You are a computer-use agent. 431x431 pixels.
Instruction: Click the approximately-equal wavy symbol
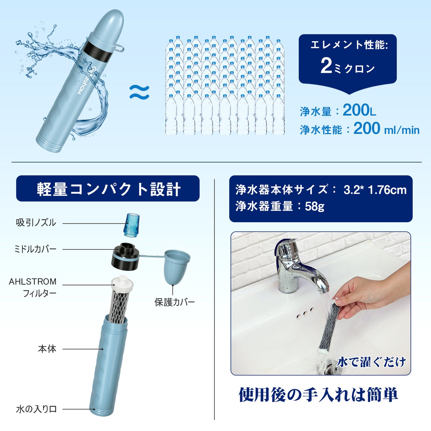point(139,92)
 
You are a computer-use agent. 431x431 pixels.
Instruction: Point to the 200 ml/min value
point(386,129)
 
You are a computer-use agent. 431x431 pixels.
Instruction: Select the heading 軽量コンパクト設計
point(108,189)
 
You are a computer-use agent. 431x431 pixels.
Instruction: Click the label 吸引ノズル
point(36,223)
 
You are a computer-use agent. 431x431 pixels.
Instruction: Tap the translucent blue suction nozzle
point(132,225)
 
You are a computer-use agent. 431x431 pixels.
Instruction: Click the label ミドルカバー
point(35,249)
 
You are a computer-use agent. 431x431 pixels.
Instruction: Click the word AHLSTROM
point(33,282)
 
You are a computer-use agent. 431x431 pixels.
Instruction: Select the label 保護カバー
point(174,302)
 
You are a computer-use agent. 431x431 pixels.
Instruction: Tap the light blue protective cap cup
point(177,267)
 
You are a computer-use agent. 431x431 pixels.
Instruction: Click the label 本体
point(47,349)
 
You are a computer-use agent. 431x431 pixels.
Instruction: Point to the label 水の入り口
point(36,409)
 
